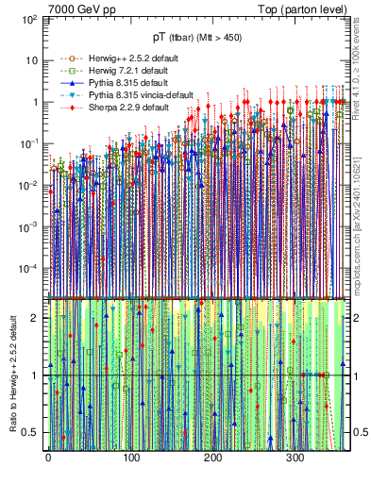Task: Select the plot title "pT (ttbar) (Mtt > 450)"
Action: coord(197,30)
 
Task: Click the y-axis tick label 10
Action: coord(32,60)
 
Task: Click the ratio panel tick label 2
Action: coord(36,318)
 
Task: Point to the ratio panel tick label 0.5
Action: coord(32,432)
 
